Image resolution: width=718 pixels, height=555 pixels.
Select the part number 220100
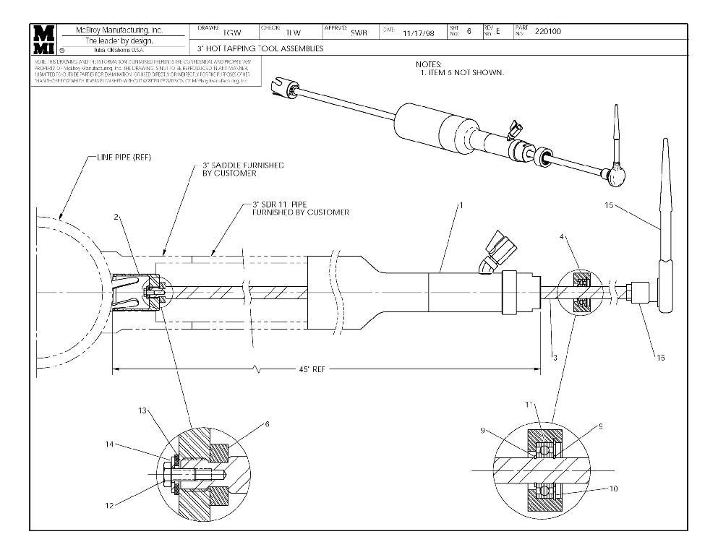548,31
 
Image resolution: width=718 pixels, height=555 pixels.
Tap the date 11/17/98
418,33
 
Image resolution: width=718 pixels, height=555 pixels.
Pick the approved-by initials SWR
358,33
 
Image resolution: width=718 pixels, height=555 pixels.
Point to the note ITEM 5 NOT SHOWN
463,73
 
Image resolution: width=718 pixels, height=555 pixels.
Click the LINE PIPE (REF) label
124,157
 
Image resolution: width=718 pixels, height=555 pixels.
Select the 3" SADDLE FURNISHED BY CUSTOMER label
243,169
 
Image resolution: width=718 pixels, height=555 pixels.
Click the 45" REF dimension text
312,369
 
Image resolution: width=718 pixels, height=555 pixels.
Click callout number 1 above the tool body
460,205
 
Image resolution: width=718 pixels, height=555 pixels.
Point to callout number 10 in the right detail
613,489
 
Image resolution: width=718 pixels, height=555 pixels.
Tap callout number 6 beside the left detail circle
267,424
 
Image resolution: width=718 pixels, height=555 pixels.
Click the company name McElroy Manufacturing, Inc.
119,30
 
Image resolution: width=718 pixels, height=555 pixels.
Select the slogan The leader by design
119,40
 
